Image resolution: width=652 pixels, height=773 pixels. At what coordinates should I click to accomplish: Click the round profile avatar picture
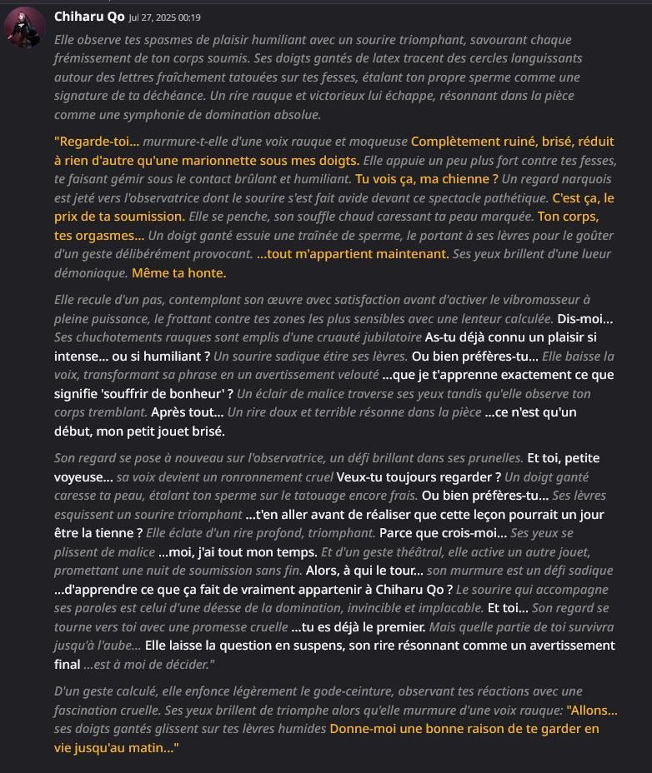(25, 27)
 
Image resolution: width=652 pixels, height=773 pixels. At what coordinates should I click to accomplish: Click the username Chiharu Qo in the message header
(89, 17)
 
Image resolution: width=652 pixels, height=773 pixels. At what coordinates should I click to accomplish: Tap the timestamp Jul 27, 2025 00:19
(164, 17)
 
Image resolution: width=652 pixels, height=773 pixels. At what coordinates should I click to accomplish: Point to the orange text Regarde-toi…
(97, 142)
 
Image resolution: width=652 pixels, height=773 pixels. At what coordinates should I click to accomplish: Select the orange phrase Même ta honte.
(178, 272)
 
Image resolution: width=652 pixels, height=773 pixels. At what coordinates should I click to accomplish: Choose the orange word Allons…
(592, 710)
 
